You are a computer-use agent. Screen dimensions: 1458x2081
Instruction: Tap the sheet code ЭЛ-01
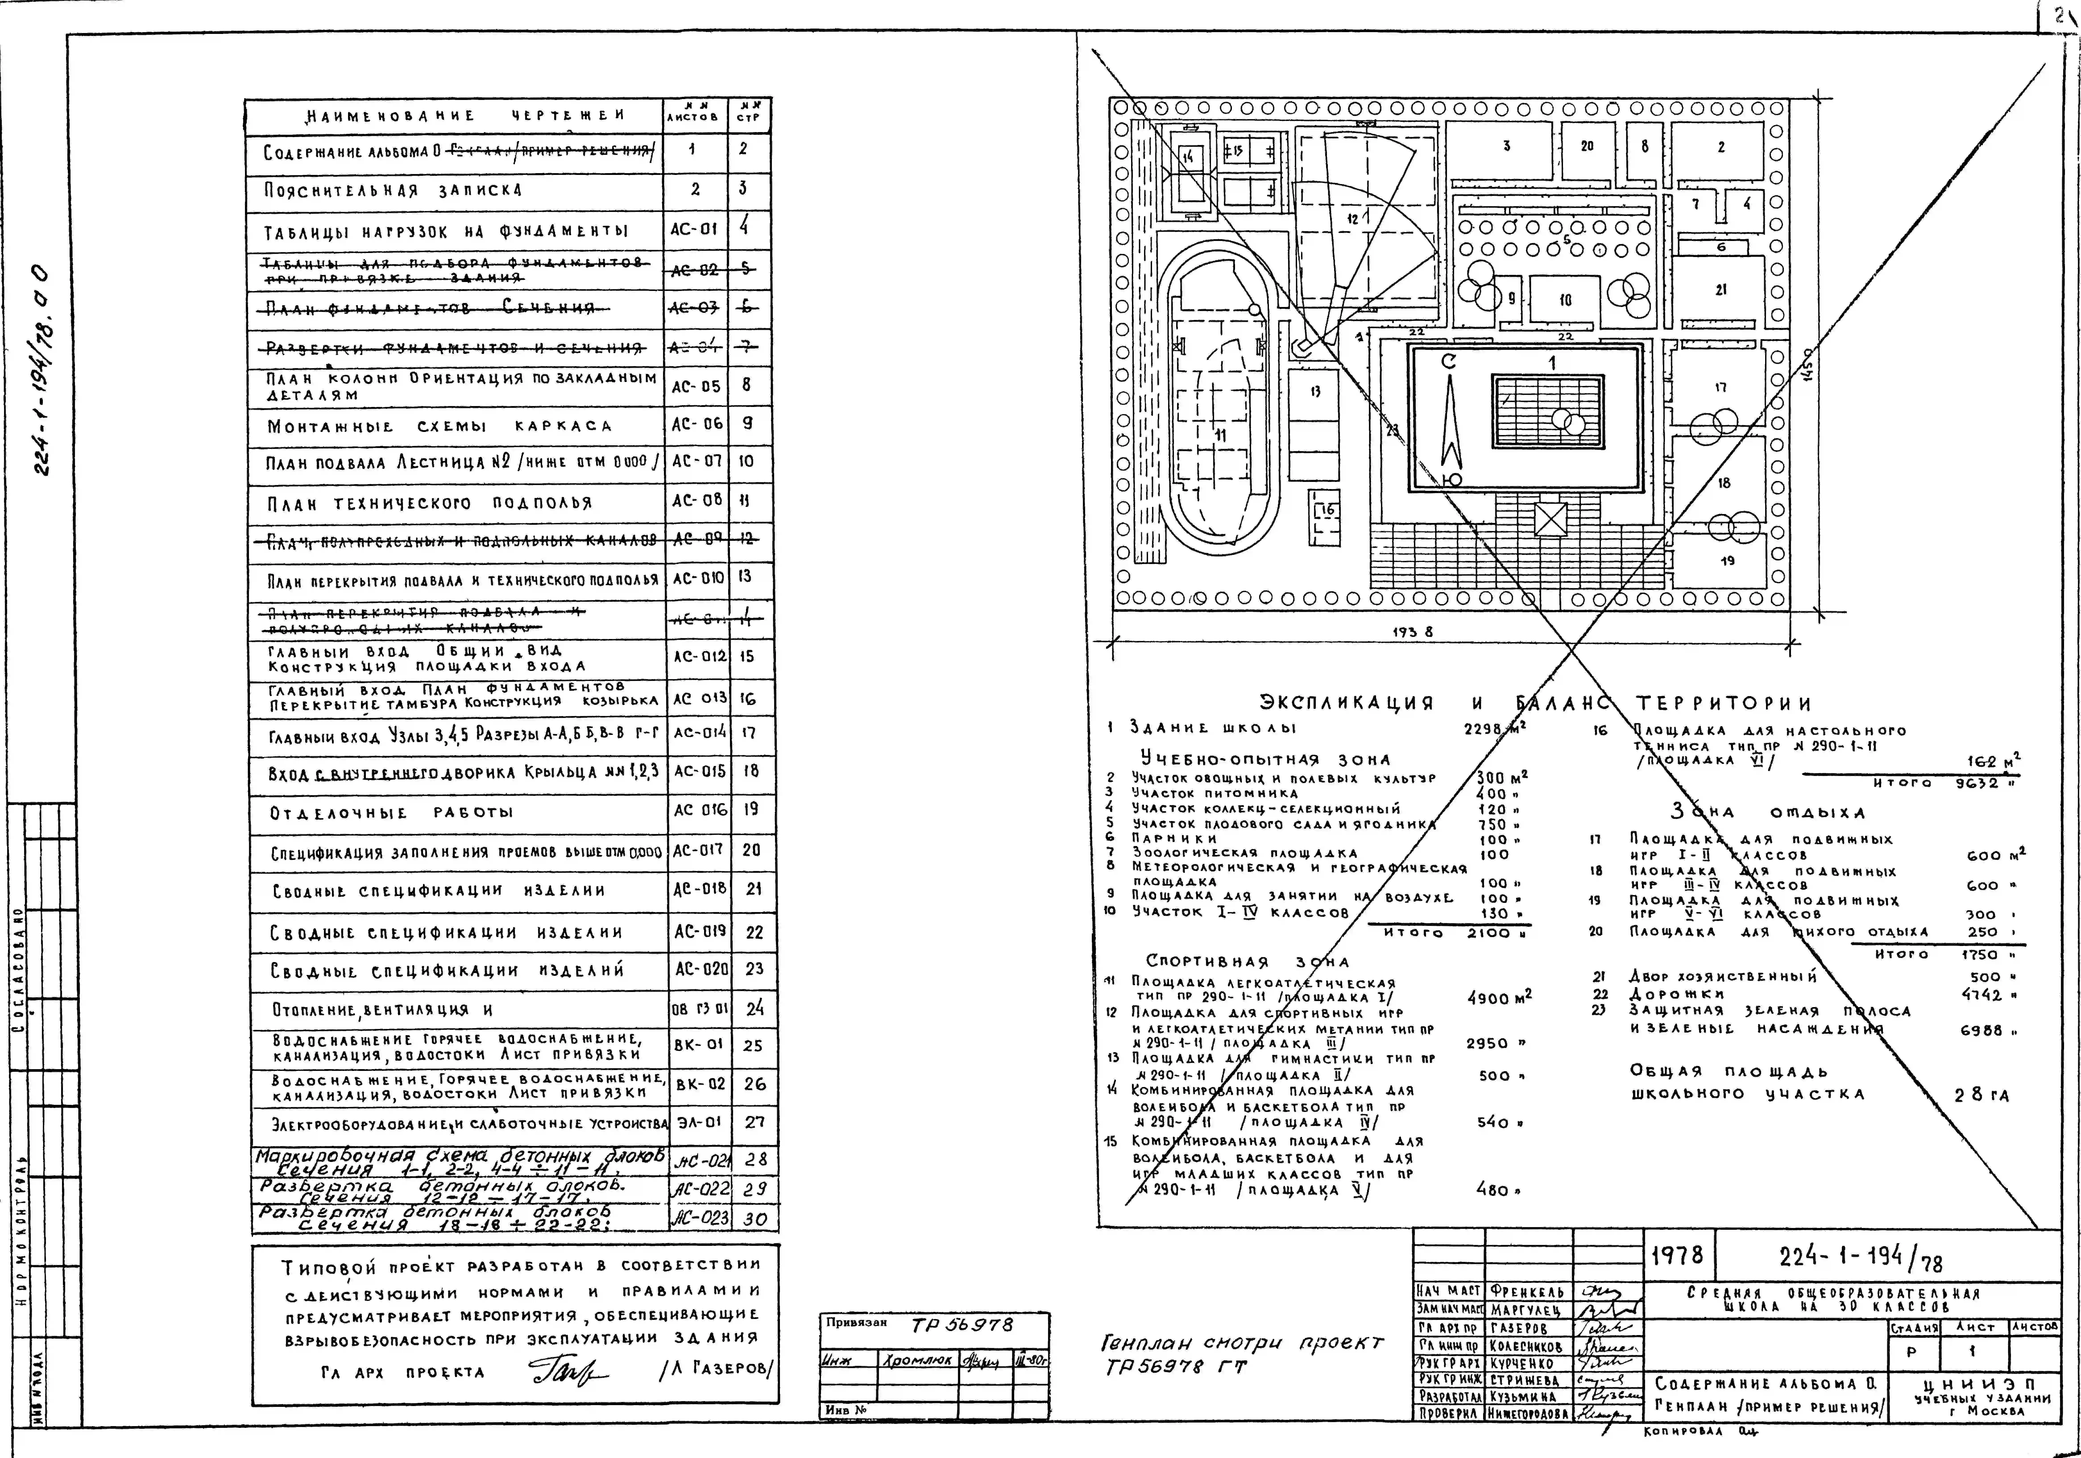coord(699,1122)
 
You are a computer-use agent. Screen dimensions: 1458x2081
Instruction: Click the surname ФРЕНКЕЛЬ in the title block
coord(1527,1290)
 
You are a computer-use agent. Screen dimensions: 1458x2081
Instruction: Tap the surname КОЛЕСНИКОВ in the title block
coord(1527,1346)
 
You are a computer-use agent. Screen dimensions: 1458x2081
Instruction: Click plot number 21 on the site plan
coord(1720,290)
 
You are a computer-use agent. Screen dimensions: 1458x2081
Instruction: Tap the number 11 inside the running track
coord(1220,435)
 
